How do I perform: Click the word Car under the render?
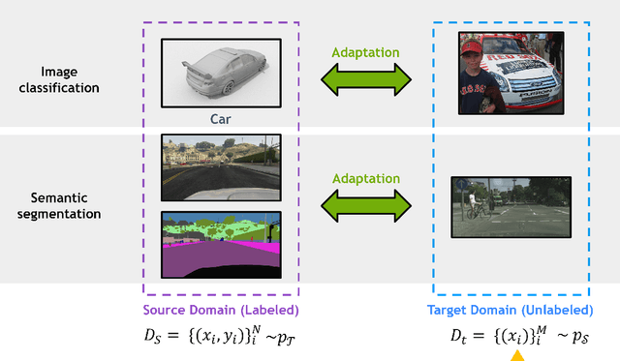coord(220,120)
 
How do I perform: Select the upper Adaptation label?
coord(365,52)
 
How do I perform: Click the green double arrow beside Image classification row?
coord(365,79)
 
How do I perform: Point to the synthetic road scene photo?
coord(220,166)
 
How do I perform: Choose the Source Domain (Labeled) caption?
coord(221,311)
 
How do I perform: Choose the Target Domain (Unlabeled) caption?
coord(511,311)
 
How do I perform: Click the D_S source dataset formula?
coord(221,338)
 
